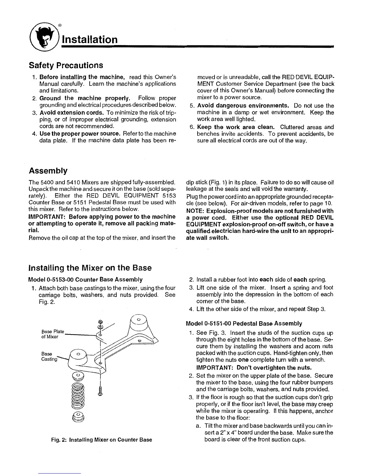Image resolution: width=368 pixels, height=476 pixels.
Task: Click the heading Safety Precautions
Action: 66,65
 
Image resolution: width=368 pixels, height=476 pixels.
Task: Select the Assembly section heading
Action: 48,171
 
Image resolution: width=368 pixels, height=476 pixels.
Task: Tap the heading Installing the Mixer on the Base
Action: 90,268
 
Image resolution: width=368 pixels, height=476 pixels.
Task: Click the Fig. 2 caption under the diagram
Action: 101,440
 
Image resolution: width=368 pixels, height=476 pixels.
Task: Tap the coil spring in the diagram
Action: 78,394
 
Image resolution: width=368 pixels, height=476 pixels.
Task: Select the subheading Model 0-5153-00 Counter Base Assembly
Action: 85,279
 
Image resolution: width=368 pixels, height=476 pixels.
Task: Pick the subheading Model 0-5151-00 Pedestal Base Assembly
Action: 244,323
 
